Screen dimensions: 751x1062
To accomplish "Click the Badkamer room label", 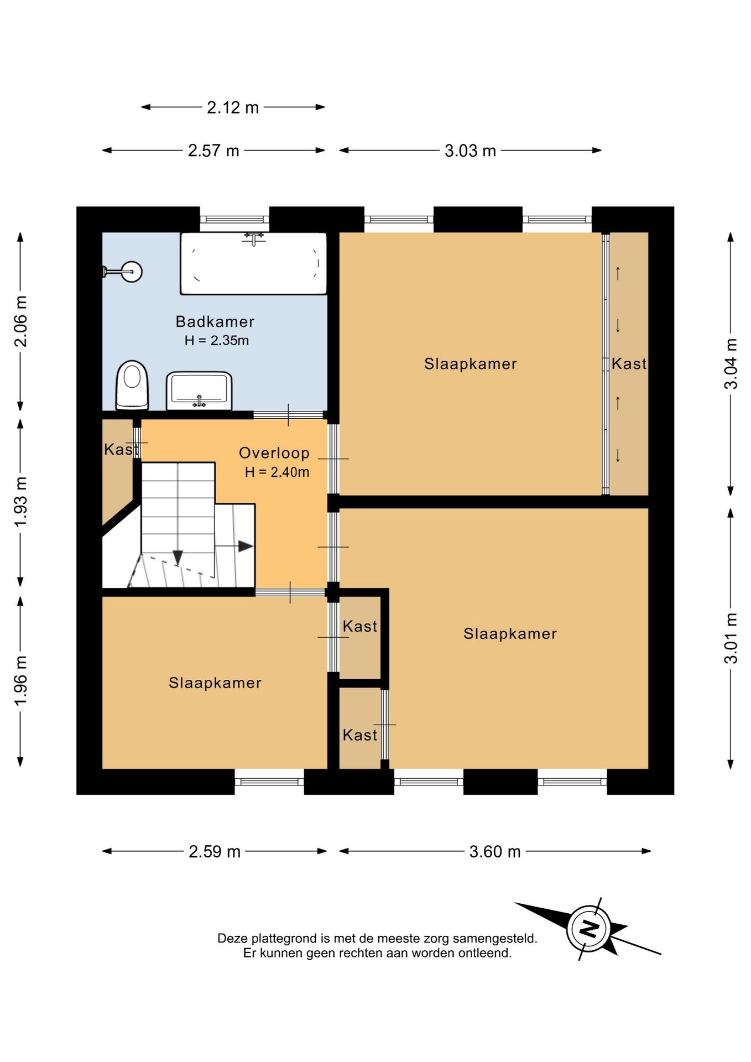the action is [215, 321].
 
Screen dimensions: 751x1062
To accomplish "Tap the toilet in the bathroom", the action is [132, 385].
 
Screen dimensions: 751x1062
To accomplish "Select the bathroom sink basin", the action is [199, 391].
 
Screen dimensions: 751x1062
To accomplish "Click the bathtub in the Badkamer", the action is [253, 263].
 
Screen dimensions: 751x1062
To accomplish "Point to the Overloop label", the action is [274, 453].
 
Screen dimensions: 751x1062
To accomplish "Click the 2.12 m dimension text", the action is [233, 107].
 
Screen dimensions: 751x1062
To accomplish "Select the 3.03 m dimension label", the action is [470, 150].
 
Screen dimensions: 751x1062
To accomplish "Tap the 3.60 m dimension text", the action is [495, 851].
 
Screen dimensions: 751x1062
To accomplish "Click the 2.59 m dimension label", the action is [215, 851].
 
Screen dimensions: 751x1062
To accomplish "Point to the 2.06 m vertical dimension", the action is [20, 321].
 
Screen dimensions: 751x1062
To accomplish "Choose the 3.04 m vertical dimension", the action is [731, 363].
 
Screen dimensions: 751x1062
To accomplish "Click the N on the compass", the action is [589, 929].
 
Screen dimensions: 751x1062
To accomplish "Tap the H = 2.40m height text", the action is [277, 472].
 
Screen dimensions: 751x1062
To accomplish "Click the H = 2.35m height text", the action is [217, 340].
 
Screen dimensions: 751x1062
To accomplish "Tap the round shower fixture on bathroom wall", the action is [132, 272].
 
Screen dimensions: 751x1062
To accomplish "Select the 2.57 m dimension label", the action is [213, 150].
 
